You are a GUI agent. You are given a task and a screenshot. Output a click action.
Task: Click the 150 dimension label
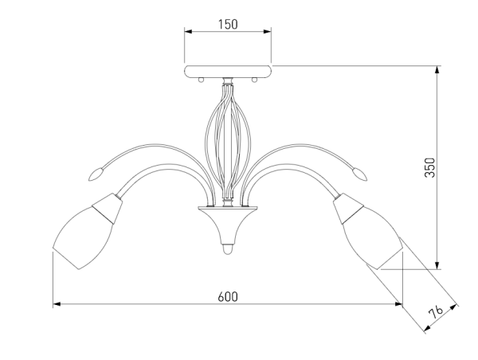pyautogui.click(x=228, y=25)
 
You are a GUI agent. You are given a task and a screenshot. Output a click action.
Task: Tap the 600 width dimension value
pyautogui.click(x=228, y=296)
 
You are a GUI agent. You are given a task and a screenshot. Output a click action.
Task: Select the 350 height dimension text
pyautogui.click(x=430, y=167)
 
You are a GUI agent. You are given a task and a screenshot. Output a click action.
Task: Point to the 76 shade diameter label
pyautogui.click(x=436, y=312)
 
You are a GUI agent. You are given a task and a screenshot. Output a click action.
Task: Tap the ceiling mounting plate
pyautogui.click(x=228, y=71)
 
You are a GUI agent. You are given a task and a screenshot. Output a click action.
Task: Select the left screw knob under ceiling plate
pyautogui.click(x=201, y=80)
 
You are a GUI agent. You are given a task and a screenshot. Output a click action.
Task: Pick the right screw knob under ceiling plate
pyautogui.click(x=254, y=80)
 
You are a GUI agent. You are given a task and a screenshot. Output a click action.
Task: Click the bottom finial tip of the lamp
pyautogui.click(x=228, y=249)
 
